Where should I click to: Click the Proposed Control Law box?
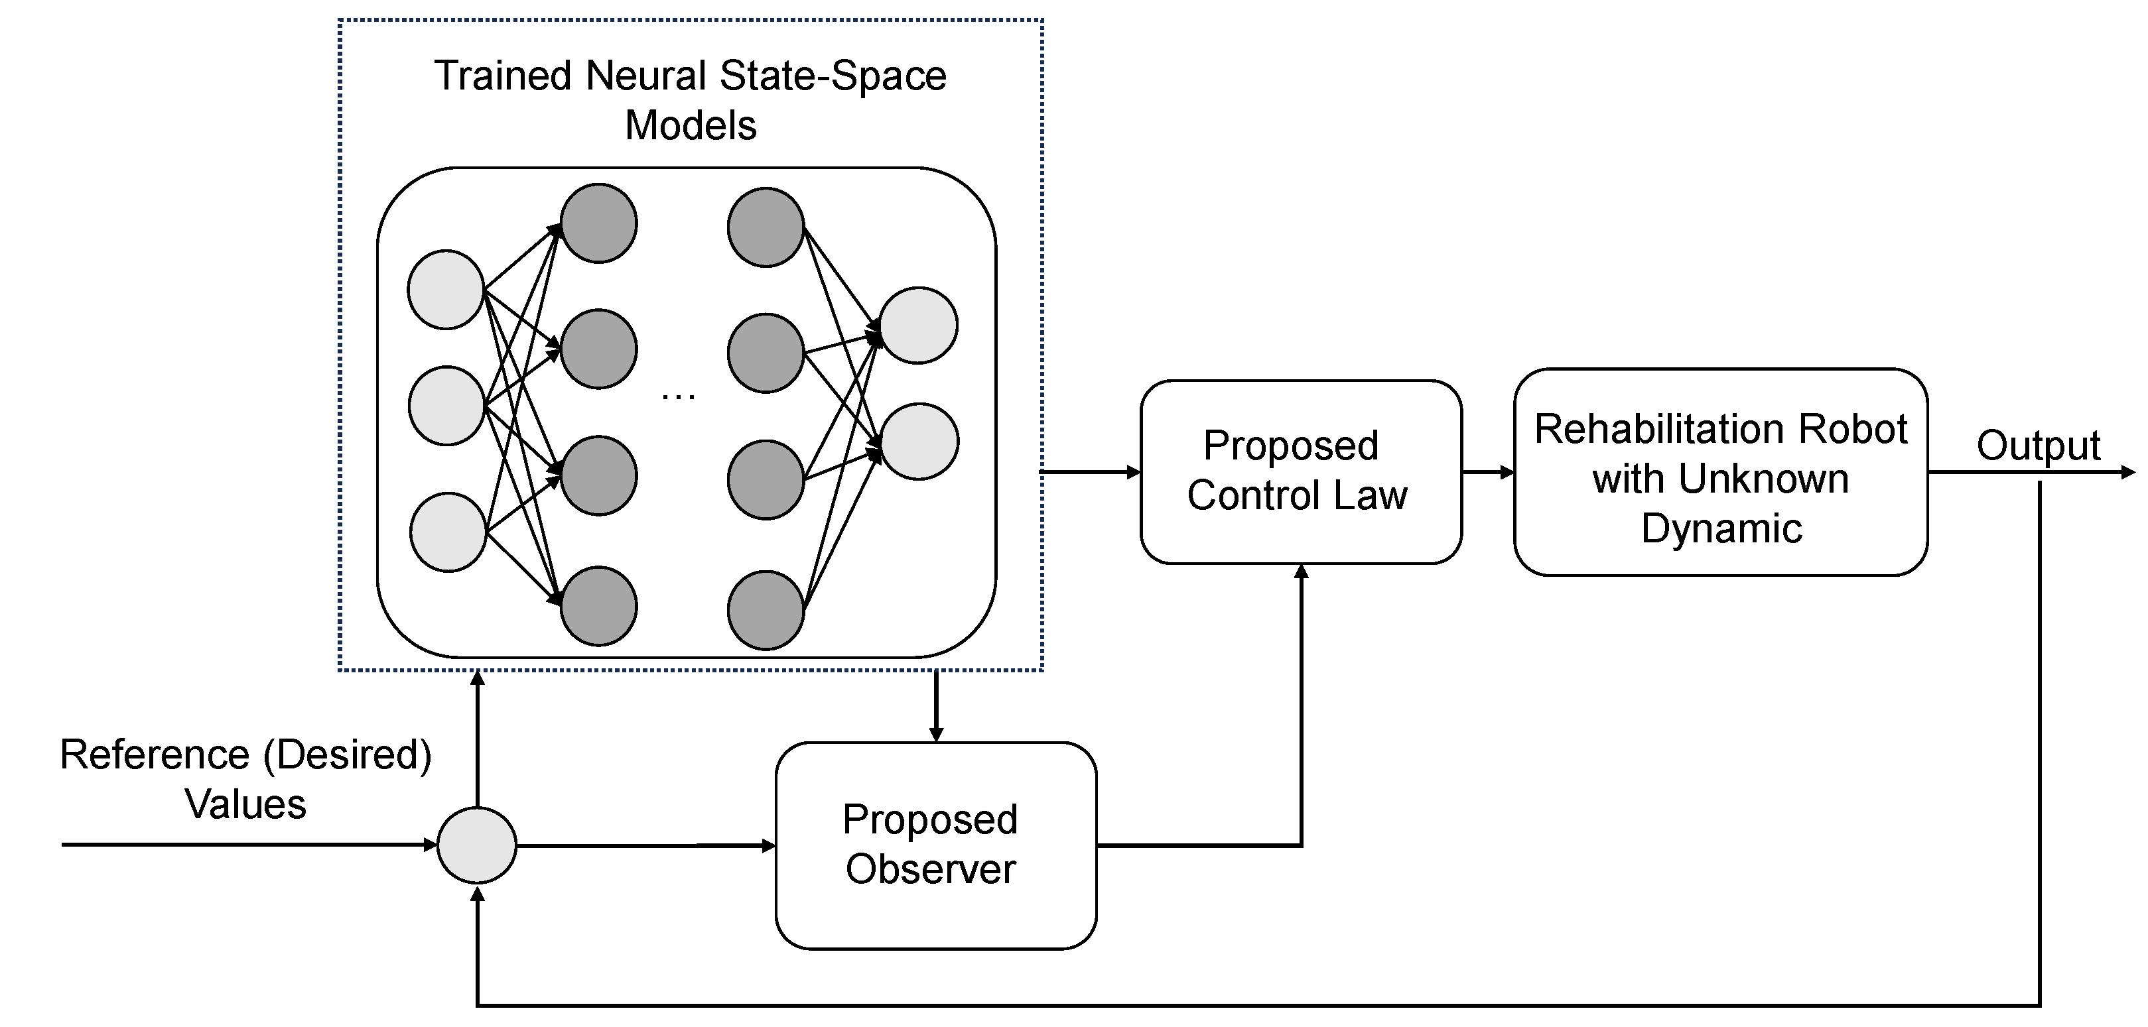(1300, 472)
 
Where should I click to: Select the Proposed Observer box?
(935, 845)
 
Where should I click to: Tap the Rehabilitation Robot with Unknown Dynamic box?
(1720, 472)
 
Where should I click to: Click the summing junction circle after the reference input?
(477, 845)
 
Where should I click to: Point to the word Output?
(2037, 446)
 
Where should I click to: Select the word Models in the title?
(691, 126)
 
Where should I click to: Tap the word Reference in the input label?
(155, 755)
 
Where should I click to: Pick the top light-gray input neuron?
(446, 289)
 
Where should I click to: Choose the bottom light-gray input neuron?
(448, 532)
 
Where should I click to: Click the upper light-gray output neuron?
(918, 325)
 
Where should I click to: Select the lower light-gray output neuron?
(919, 442)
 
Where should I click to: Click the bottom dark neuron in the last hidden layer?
(766, 610)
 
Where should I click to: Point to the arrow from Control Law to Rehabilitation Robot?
(1489, 473)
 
